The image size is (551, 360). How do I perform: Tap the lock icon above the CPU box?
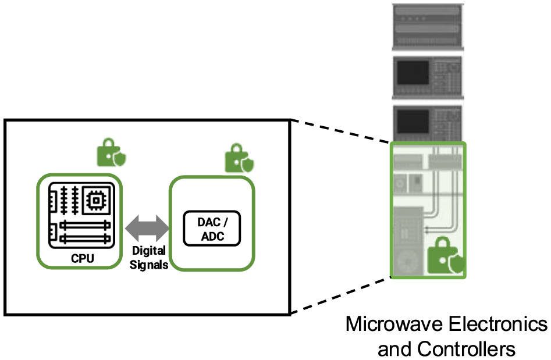[111, 152]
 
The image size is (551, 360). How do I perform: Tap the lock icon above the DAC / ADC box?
[239, 158]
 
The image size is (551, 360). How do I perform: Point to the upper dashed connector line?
[340, 131]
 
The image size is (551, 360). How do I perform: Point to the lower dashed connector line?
[340, 297]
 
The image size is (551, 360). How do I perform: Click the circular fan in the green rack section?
[408, 256]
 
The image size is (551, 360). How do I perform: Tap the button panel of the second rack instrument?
[447, 73]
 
